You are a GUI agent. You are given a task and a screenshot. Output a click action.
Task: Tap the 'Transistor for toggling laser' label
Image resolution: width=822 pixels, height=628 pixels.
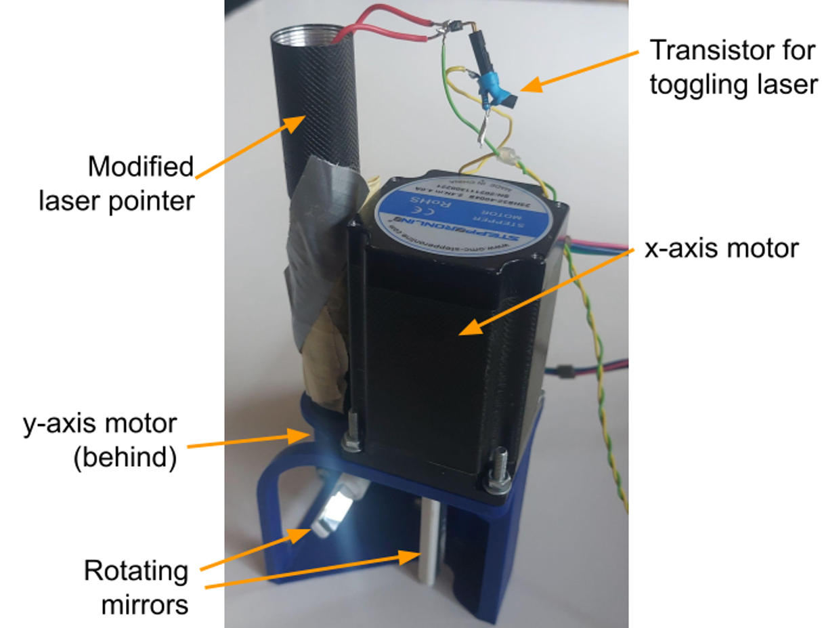(x=733, y=67)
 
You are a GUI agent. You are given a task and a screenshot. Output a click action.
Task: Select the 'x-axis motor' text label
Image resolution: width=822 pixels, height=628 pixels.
(x=721, y=249)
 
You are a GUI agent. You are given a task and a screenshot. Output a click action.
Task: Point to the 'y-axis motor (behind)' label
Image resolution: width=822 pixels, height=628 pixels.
(x=99, y=441)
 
